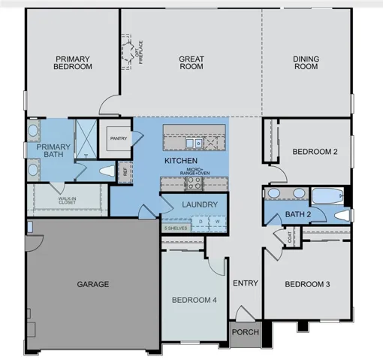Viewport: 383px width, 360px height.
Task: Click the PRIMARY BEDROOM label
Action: pos(73,62)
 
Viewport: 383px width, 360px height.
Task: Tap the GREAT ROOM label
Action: pos(191,62)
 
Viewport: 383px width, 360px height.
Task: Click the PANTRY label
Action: pos(117,138)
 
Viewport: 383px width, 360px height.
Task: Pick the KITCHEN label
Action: pos(181,161)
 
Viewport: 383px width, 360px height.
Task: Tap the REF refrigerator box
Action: pos(125,171)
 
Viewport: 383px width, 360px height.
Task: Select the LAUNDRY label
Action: pos(200,204)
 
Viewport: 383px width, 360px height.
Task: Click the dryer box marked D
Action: pos(201,222)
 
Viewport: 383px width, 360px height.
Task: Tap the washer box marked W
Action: pos(217,222)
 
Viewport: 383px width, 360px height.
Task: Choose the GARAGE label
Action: pos(93,284)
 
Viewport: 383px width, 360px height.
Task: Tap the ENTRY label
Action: pos(245,283)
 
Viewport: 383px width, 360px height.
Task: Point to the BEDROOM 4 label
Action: pos(194,300)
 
